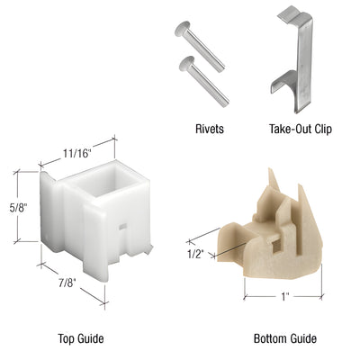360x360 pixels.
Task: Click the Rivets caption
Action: point(208,129)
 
